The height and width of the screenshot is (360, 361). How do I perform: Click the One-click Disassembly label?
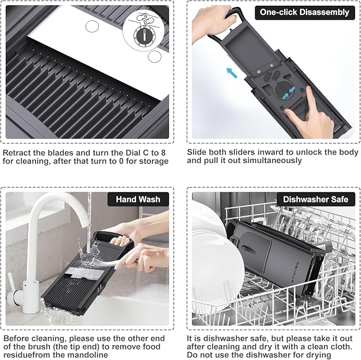coord(305,12)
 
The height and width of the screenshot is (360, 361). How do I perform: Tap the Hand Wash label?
coord(138,199)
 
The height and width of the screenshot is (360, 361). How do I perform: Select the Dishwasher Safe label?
coord(316,199)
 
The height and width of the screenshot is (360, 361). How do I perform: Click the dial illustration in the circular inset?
coord(145,36)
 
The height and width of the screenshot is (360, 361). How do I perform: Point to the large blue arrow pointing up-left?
coord(232,73)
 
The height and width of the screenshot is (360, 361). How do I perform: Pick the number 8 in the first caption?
coord(163,153)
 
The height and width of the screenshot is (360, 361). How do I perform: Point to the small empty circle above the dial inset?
coord(92,26)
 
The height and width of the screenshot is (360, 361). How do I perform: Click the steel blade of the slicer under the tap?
coord(84,274)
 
